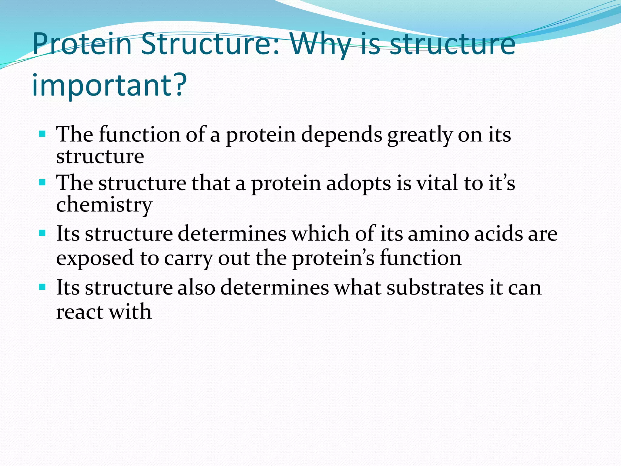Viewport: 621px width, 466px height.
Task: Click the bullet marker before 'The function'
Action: (42, 134)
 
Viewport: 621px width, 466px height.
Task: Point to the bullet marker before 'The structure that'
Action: (42, 183)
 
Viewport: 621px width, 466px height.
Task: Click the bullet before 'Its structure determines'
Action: (42, 233)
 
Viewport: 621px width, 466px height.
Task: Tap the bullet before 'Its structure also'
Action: (42, 287)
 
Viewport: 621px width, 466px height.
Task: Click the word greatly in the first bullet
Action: (420, 135)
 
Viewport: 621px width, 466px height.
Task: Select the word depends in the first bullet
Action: (341, 135)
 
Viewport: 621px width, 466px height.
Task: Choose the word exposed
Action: (95, 258)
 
